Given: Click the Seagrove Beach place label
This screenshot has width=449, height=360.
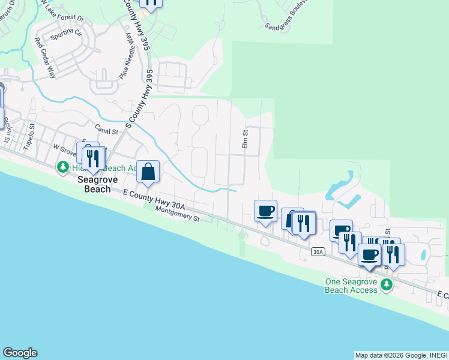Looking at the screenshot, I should (x=93, y=184).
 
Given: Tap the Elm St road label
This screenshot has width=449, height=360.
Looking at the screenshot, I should (x=245, y=140).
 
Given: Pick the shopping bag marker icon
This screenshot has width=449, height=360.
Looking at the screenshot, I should (x=148, y=173).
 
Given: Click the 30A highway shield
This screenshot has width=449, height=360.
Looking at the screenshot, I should (x=318, y=253).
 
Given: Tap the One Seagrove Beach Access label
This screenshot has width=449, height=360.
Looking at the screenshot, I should (x=351, y=286).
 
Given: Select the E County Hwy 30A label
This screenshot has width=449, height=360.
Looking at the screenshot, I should (x=154, y=199).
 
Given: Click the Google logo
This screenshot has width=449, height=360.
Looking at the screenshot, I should (x=20, y=353).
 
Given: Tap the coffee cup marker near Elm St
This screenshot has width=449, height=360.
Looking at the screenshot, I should (x=265, y=211).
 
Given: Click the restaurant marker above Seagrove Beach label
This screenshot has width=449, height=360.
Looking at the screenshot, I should (x=92, y=158).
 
